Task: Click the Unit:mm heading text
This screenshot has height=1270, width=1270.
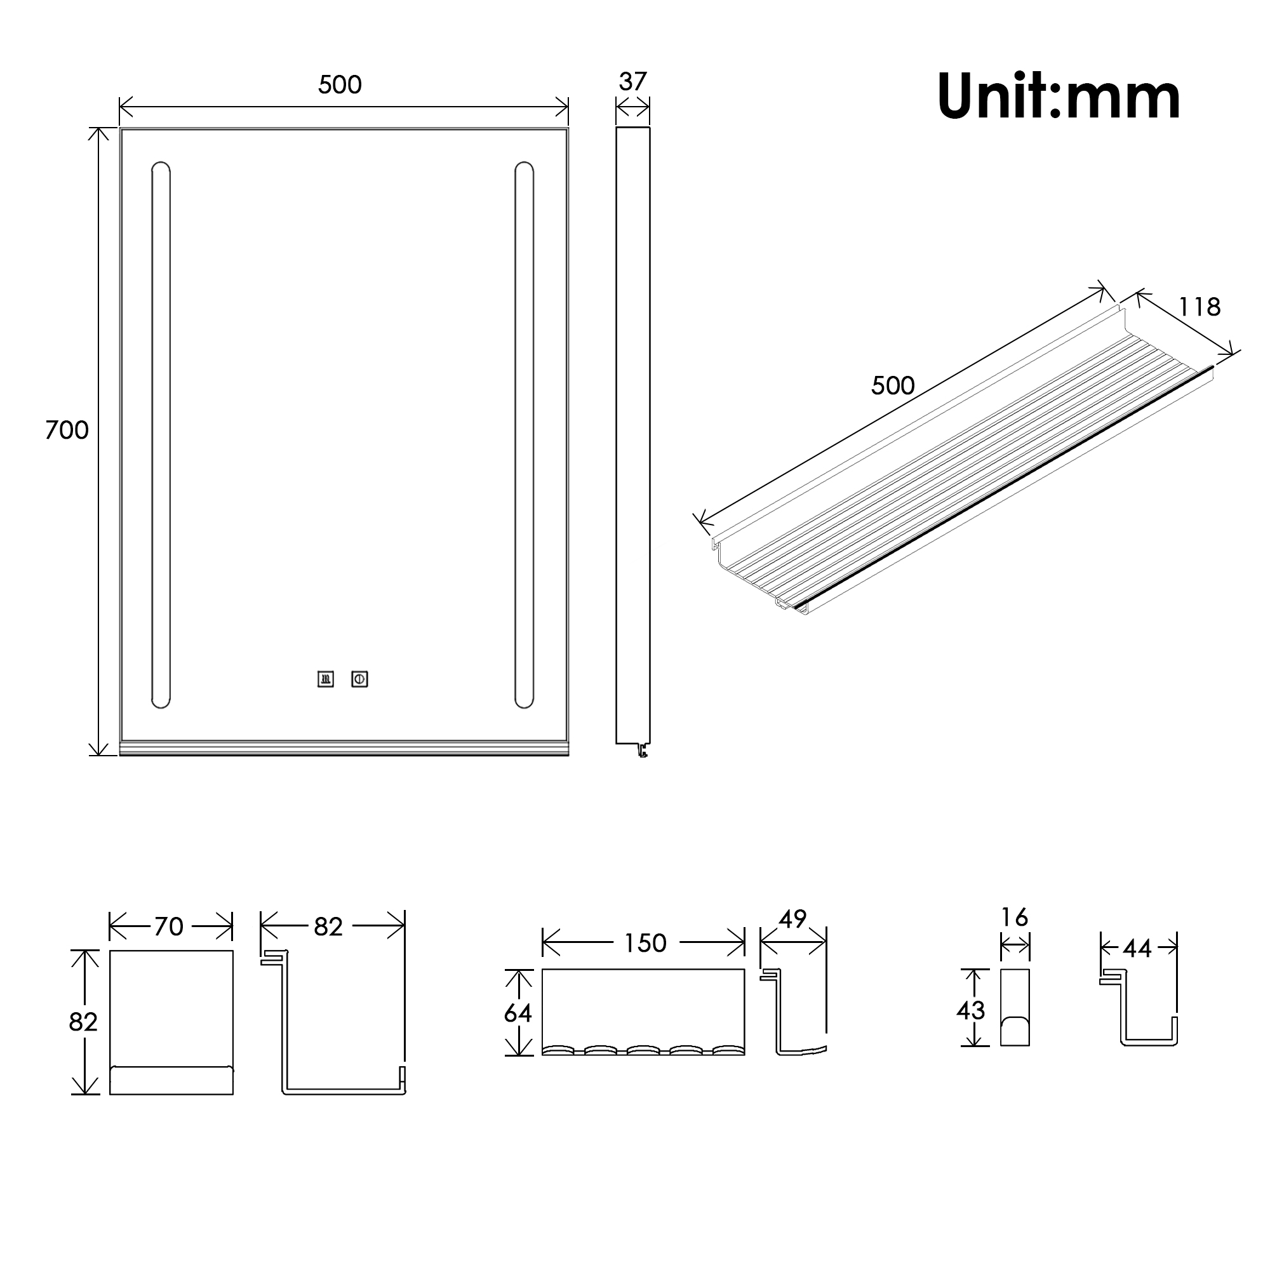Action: pyautogui.click(x=1059, y=97)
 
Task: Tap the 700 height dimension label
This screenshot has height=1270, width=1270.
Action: pyautogui.click(x=67, y=430)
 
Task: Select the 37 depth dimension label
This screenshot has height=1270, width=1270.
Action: pyautogui.click(x=632, y=81)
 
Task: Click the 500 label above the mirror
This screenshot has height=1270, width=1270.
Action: pyautogui.click(x=340, y=85)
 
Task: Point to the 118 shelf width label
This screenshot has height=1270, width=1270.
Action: pyautogui.click(x=1199, y=307)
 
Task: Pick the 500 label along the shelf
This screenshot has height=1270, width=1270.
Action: pyautogui.click(x=893, y=386)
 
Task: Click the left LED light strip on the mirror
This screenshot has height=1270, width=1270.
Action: pyautogui.click(x=161, y=435)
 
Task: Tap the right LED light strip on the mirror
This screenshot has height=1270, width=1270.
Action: pyautogui.click(x=524, y=435)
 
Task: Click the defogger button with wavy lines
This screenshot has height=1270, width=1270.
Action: pyautogui.click(x=325, y=679)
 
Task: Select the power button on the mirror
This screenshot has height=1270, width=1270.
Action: pyautogui.click(x=359, y=679)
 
